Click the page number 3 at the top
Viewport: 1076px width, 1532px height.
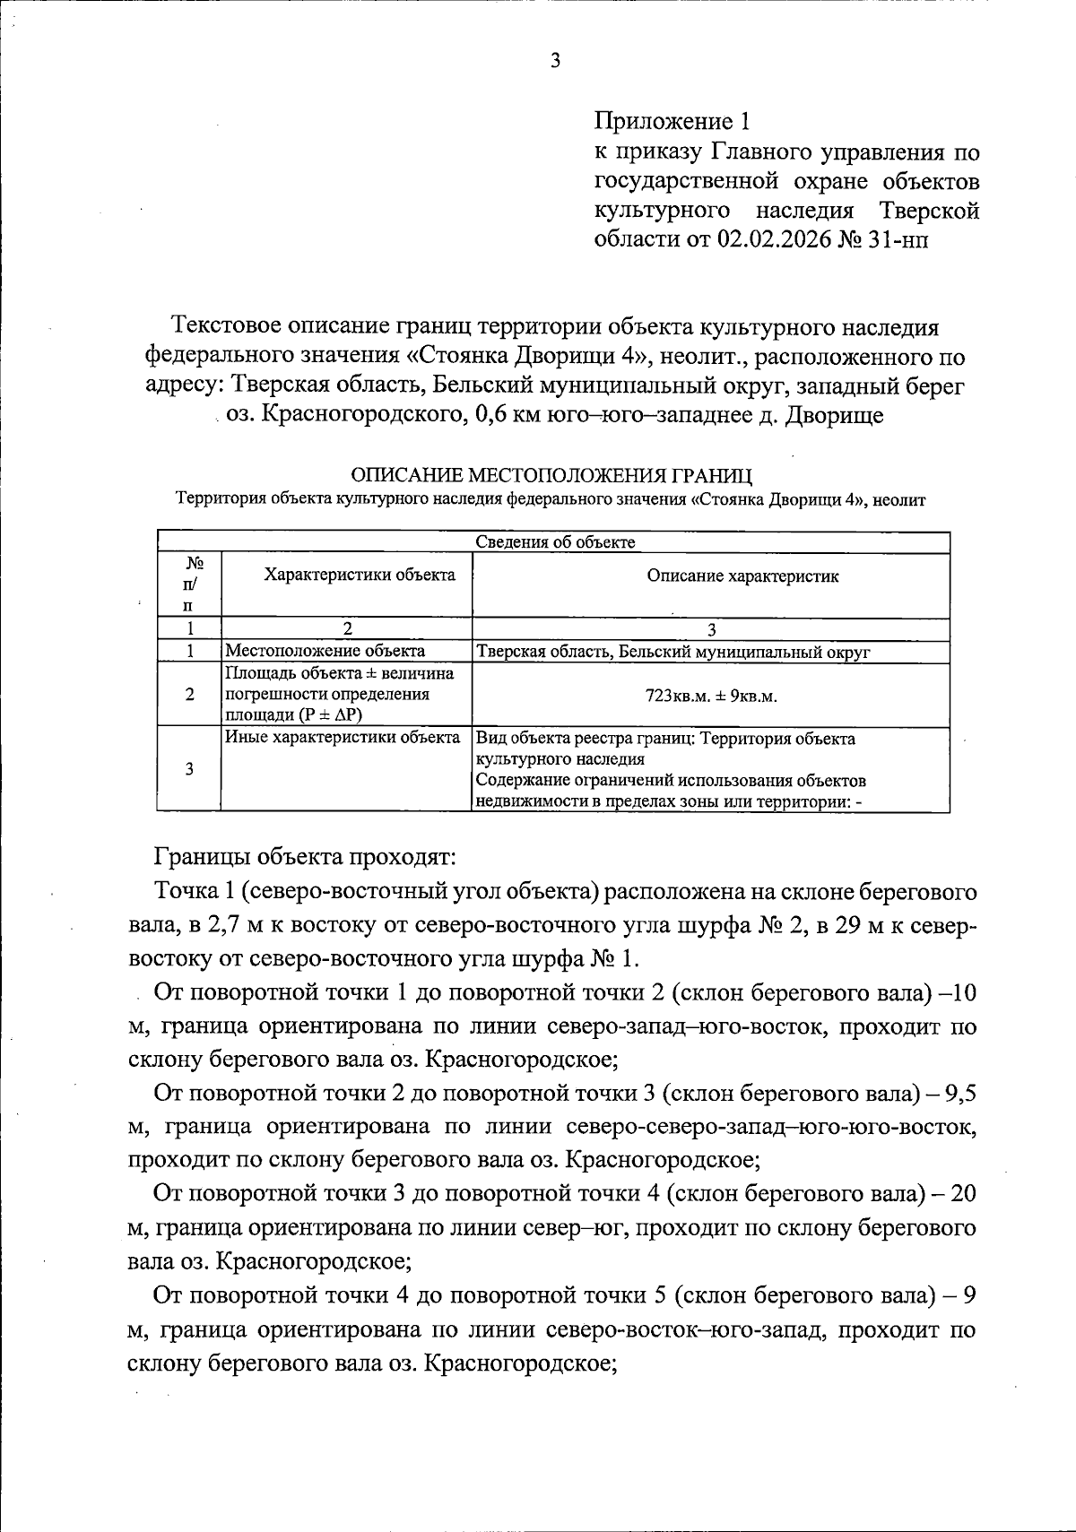click(555, 61)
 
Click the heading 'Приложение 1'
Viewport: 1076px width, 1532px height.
click(671, 121)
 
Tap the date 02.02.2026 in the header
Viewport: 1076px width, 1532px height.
click(774, 240)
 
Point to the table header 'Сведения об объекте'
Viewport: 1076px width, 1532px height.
click(554, 542)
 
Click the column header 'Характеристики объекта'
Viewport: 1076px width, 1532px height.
click(359, 576)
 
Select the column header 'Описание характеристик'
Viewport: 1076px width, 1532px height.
click(742, 576)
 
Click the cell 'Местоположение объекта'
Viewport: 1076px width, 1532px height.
click(325, 652)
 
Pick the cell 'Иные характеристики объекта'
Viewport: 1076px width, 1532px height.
click(342, 739)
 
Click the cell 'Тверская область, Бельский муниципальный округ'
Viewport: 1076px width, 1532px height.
click(672, 653)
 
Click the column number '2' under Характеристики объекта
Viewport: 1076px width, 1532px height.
click(346, 628)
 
